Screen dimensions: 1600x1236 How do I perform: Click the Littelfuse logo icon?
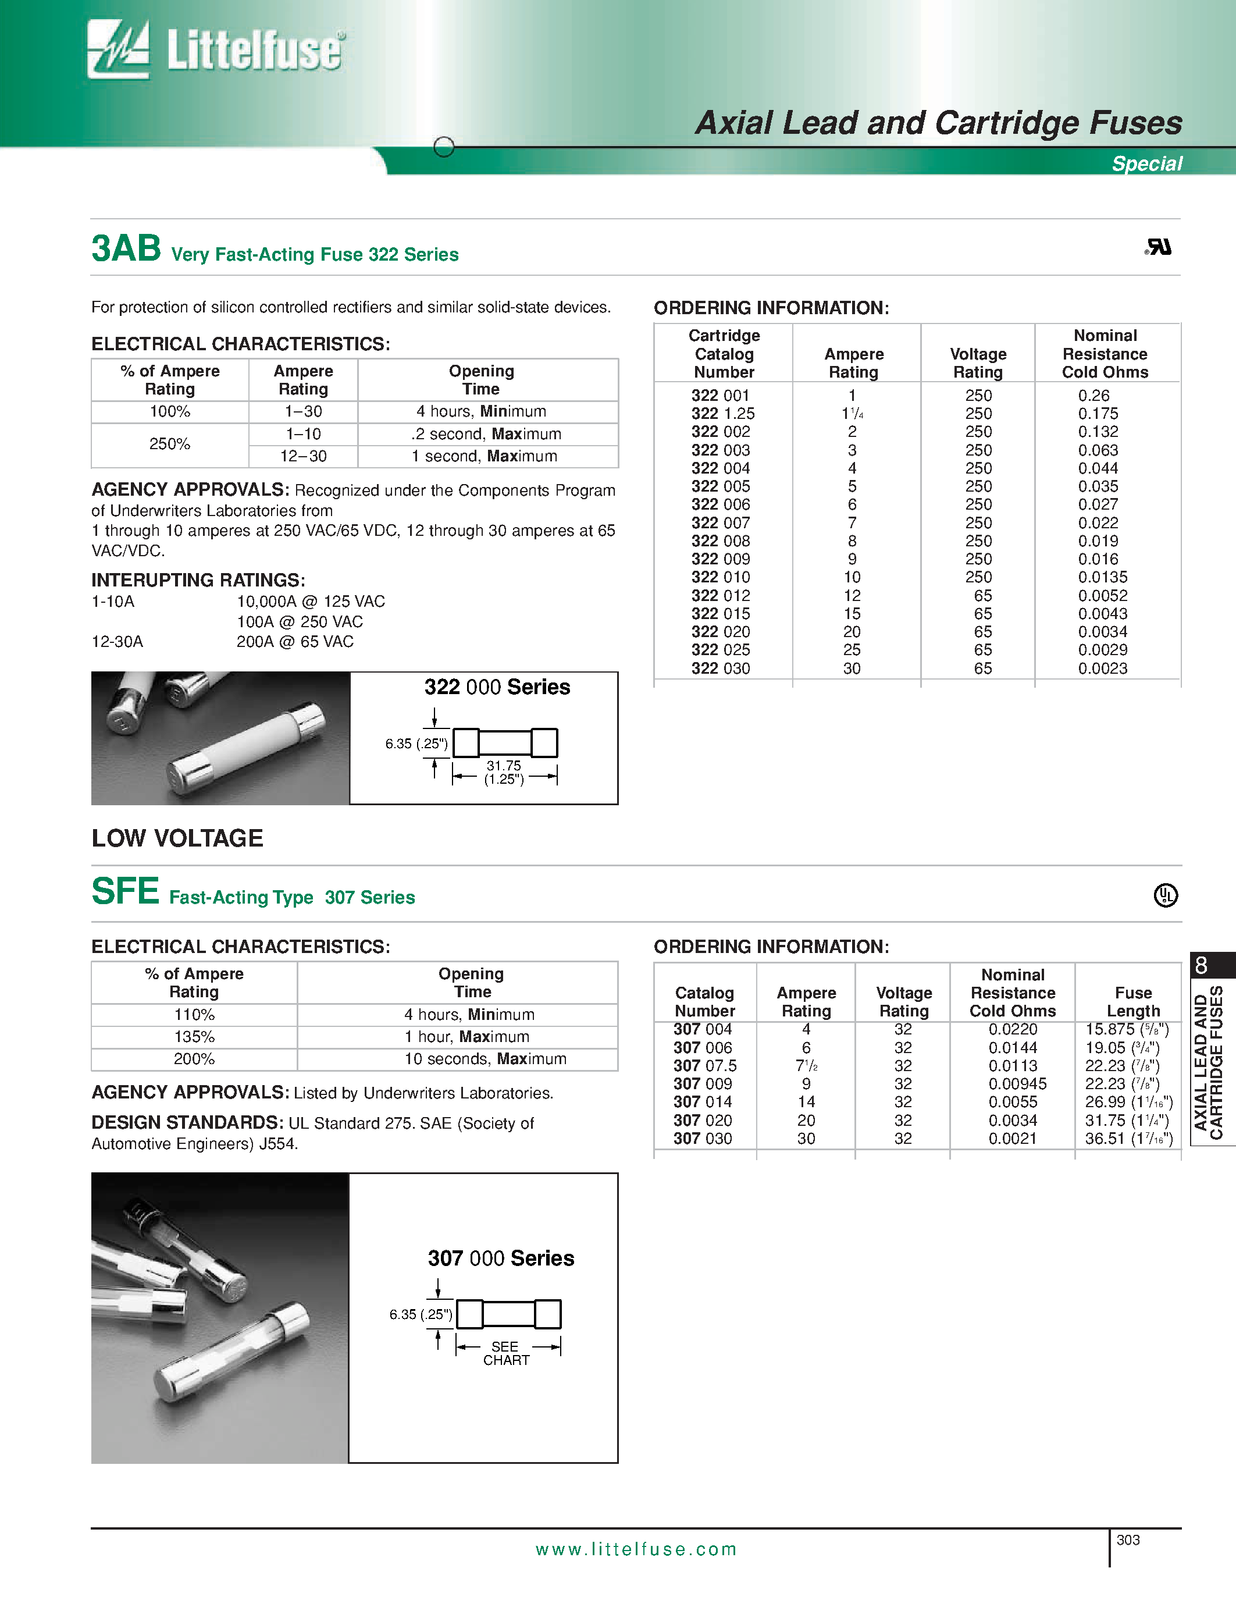pos(118,49)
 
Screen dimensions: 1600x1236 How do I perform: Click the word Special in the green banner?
pos(1146,163)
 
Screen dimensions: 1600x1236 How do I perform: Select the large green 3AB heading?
pos(126,248)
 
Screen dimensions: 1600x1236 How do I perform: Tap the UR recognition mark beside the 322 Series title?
pos(1157,248)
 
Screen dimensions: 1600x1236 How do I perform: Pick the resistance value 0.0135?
pos(1102,577)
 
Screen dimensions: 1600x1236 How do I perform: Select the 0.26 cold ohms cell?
pos(1093,396)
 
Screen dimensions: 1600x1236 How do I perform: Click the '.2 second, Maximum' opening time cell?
pos(486,433)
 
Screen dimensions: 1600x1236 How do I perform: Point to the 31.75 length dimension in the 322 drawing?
pos(504,766)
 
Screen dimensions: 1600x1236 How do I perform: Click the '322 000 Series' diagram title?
pos(497,687)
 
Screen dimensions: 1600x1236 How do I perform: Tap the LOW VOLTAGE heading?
pos(177,838)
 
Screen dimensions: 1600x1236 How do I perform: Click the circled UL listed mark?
pos(1165,895)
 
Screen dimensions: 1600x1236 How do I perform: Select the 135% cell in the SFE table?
pos(194,1037)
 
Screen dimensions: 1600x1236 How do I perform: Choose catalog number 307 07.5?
pos(704,1066)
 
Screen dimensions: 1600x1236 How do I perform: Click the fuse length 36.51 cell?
pos(1128,1139)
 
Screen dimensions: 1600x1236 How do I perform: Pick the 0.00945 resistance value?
pos(1017,1083)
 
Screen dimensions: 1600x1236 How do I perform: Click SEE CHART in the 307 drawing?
pos(505,1353)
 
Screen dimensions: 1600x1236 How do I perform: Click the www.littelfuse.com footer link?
pos(636,1549)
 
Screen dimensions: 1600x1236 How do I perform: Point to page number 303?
pos(1128,1540)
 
